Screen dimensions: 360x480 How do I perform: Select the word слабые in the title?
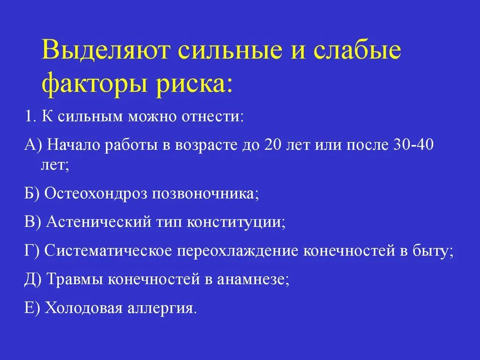(x=358, y=51)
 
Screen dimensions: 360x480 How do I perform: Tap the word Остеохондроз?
(x=95, y=194)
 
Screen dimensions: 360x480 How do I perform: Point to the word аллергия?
(x=160, y=309)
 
